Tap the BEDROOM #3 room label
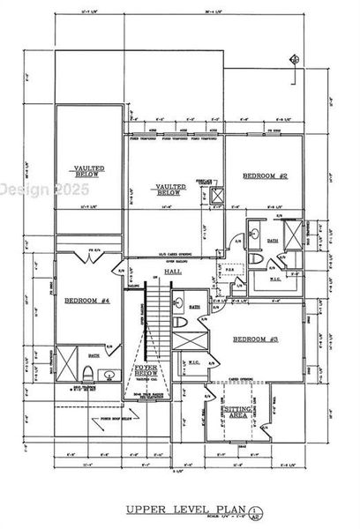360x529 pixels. click(255, 339)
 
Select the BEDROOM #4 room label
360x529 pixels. click(86, 301)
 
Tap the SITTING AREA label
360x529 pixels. click(239, 414)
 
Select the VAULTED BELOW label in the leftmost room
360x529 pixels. click(86, 171)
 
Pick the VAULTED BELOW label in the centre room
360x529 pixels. click(169, 190)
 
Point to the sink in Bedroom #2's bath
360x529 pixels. click(253, 235)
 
